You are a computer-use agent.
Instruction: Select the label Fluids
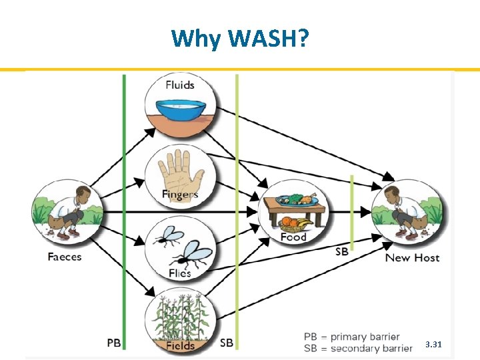(x=180, y=85)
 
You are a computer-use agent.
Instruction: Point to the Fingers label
(x=180, y=195)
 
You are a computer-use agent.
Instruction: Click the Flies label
(x=180, y=273)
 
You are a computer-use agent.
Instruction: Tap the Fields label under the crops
(x=180, y=345)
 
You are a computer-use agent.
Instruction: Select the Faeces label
(x=65, y=257)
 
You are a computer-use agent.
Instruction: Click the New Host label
(x=412, y=257)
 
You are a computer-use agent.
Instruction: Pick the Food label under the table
(x=293, y=237)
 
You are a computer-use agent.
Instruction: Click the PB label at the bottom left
(x=114, y=343)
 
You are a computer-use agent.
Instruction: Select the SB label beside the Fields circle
(x=227, y=343)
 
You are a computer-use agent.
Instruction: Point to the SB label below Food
(x=341, y=251)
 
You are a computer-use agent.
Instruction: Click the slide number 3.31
(x=433, y=345)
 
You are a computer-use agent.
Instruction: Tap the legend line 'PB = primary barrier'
(x=351, y=337)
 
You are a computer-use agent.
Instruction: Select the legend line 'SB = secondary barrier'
(x=358, y=348)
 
